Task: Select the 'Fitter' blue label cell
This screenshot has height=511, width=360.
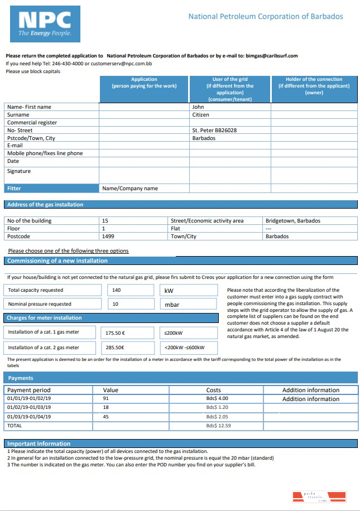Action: (x=52, y=189)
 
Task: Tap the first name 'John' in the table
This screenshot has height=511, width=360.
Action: (x=198, y=107)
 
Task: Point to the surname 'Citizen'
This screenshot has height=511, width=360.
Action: (x=200, y=114)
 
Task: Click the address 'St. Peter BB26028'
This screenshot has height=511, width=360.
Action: (x=214, y=130)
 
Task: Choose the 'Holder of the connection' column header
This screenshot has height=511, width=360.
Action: (x=314, y=86)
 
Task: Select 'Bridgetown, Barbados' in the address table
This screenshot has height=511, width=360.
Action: (x=293, y=220)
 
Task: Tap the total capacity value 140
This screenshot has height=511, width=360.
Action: (x=116, y=290)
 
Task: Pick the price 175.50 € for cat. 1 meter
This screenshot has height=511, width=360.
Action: (x=115, y=333)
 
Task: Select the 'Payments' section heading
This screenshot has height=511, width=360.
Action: (x=20, y=378)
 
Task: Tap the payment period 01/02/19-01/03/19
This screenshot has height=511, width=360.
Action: (x=28, y=408)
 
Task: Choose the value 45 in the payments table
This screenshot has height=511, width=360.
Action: (x=106, y=417)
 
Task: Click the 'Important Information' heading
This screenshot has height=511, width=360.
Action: (x=39, y=443)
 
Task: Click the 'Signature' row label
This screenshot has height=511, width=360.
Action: (x=19, y=171)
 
